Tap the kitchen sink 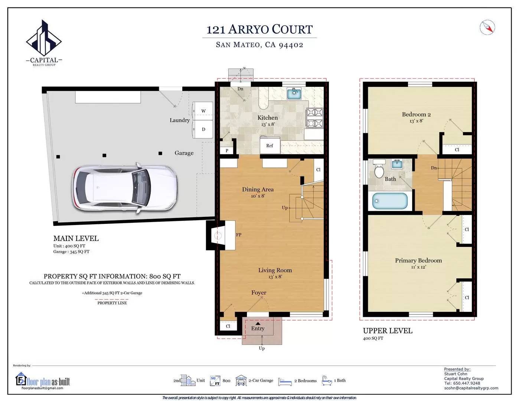[294, 94]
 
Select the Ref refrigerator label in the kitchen [270, 146]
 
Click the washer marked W [203, 111]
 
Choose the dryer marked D [203, 129]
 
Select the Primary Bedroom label [418, 260]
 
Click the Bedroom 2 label [416, 114]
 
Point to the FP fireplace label [239, 235]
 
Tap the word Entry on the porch [258, 329]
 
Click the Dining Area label [258, 189]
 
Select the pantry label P [227, 150]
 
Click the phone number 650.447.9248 [466, 383]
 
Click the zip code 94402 [291, 45]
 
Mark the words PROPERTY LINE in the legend [112, 303]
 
